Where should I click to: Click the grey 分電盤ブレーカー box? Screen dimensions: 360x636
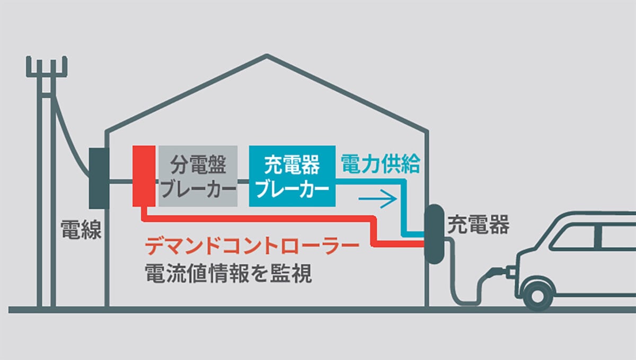click(x=198, y=177)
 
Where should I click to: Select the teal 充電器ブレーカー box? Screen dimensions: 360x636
click(x=292, y=177)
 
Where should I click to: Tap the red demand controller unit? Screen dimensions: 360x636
click(x=144, y=176)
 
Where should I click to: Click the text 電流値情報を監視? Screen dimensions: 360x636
click(x=228, y=275)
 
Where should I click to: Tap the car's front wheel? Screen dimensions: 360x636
click(x=537, y=294)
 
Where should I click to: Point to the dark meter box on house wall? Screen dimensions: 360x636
click(x=99, y=178)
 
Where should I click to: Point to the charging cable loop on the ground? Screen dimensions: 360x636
click(x=466, y=297)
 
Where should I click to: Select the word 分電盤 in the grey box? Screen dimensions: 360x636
click(x=198, y=166)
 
